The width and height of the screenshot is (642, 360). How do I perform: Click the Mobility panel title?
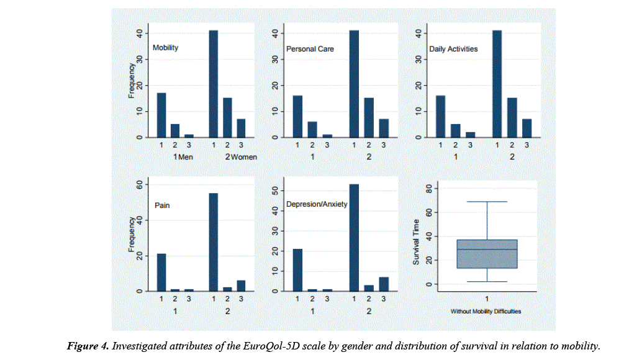click(165, 48)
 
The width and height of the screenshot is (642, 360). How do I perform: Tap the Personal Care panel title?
click(310, 48)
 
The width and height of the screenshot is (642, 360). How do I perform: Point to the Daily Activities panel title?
click(453, 48)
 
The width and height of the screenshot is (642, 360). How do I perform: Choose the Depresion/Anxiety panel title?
click(317, 204)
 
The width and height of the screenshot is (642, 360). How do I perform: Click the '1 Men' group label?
click(183, 157)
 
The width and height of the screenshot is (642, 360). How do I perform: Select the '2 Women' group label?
click(241, 157)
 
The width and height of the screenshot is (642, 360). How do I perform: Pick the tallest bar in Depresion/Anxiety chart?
click(354, 238)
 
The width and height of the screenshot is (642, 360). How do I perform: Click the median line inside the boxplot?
click(487, 250)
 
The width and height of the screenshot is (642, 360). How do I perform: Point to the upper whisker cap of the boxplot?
click(487, 202)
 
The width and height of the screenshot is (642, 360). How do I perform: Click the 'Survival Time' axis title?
click(417, 242)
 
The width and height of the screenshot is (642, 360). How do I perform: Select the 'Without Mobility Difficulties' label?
click(486, 312)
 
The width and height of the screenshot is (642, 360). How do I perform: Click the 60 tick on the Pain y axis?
click(139, 185)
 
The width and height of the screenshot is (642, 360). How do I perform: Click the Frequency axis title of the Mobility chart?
click(132, 80)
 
